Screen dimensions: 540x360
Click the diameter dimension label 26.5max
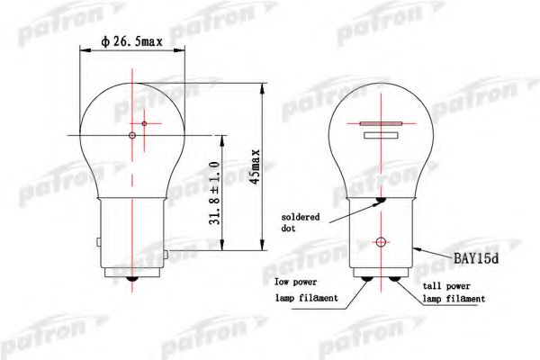pos(131,41)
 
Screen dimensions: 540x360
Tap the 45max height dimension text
pos(255,166)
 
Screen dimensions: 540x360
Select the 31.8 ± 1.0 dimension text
pos(214,193)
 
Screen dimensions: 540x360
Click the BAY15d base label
pos(476,258)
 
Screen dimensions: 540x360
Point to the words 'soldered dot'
pos(301,222)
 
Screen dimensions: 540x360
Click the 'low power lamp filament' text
pos(306,290)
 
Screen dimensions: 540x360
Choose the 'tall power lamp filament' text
pos(454,292)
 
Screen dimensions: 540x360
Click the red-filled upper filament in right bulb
pos(381,123)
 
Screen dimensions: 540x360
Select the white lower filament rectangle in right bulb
pos(381,135)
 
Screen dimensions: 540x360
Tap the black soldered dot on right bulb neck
pos(381,200)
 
